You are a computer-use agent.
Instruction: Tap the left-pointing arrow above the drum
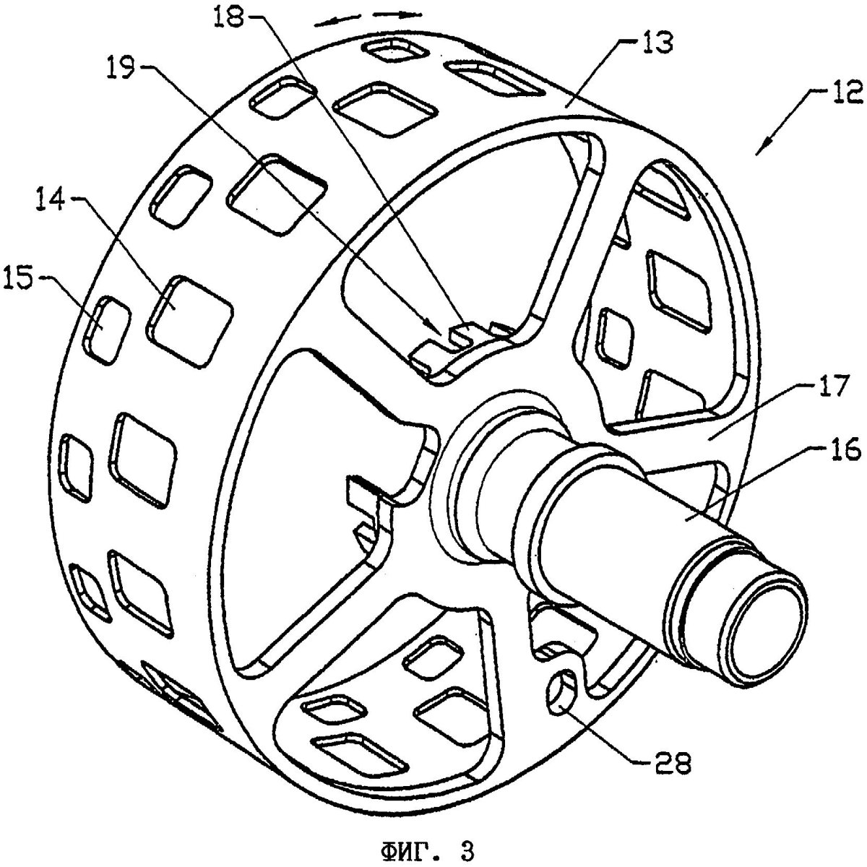tap(338, 19)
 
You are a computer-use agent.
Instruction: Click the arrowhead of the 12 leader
tap(759, 151)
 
